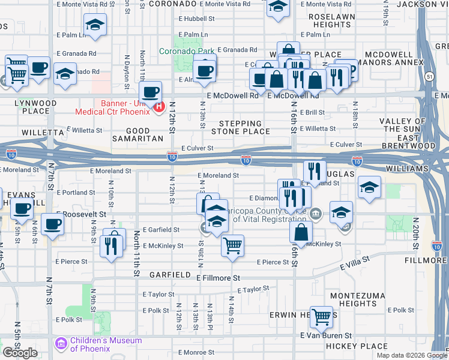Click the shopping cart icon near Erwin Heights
pyautogui.click(x=322, y=316)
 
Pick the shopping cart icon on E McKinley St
pyautogui.click(x=232, y=245)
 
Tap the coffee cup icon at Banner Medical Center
pyautogui.click(x=151, y=92)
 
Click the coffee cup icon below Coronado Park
pyautogui.click(x=205, y=70)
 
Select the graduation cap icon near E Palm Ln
pyautogui.click(x=95, y=25)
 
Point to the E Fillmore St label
pyautogui.click(x=218, y=278)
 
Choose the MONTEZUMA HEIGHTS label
pyautogui.click(x=353, y=299)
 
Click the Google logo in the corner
pyautogui.click(x=20, y=353)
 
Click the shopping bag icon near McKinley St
pyautogui.click(x=301, y=231)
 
